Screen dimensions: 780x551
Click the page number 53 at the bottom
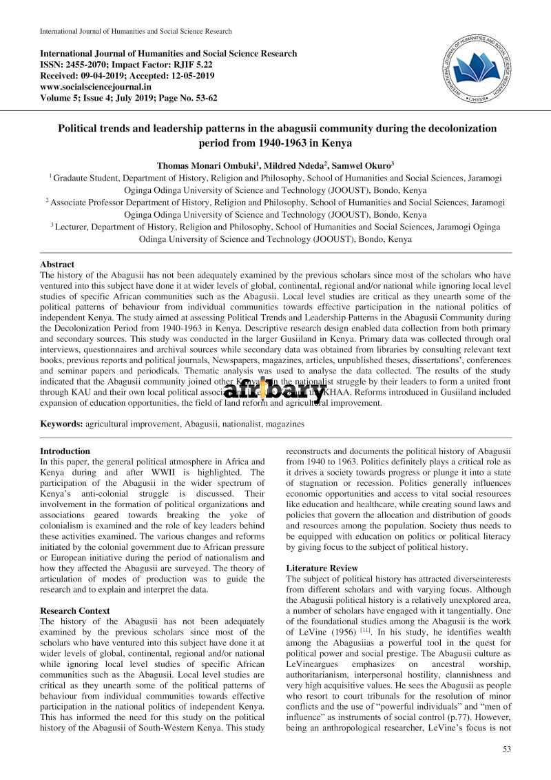point(507,749)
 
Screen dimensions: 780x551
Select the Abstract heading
point(57,264)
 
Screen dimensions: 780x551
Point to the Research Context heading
point(74,610)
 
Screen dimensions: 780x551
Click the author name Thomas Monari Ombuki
point(197,165)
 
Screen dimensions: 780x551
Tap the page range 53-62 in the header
point(203,98)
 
